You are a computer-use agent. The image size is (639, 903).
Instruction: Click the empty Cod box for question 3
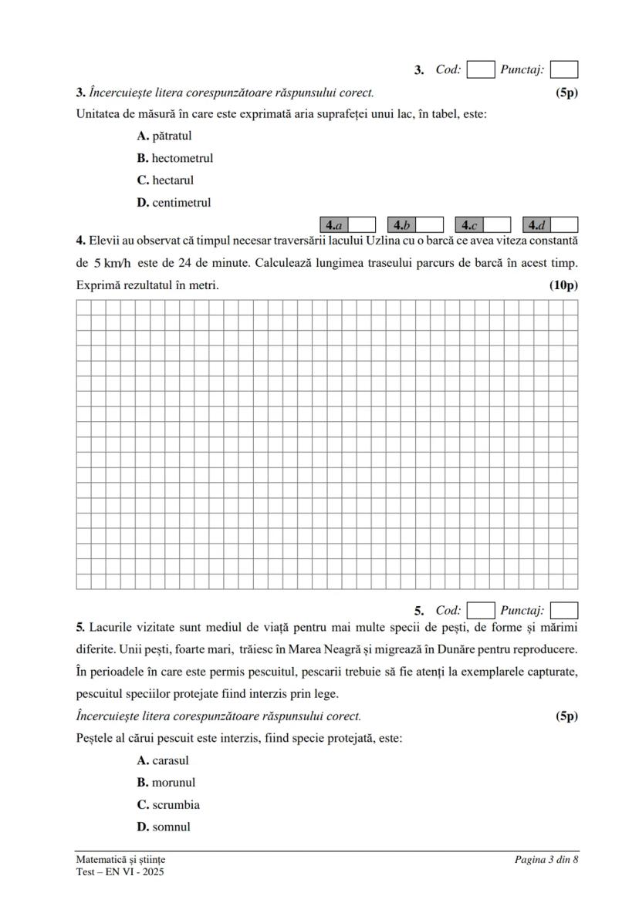click(x=481, y=70)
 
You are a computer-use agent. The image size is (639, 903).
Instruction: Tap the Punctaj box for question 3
click(x=564, y=70)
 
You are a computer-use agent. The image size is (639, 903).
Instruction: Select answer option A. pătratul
click(x=164, y=136)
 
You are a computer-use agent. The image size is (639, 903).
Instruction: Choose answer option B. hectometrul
click(x=174, y=159)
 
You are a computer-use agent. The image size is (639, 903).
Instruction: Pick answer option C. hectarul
click(x=165, y=180)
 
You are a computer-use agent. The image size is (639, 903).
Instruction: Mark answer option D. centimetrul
click(x=174, y=203)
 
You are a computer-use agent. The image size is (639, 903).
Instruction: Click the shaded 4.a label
click(x=334, y=225)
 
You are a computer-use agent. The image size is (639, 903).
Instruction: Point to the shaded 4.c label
click(x=469, y=225)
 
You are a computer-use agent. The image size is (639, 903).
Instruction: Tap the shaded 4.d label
click(x=537, y=225)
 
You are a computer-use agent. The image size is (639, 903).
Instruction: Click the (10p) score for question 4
click(x=563, y=285)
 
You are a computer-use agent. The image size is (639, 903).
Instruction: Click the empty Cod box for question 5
click(x=481, y=611)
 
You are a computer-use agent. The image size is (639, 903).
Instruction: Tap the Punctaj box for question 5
click(x=564, y=611)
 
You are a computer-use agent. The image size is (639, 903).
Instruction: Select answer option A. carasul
click(x=163, y=760)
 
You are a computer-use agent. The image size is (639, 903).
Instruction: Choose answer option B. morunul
click(x=166, y=783)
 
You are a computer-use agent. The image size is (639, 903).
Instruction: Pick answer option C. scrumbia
click(x=168, y=805)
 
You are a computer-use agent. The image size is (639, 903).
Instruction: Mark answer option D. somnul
click(x=164, y=827)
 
